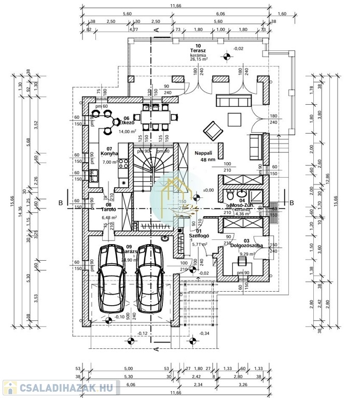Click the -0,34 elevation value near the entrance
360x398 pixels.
204,333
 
